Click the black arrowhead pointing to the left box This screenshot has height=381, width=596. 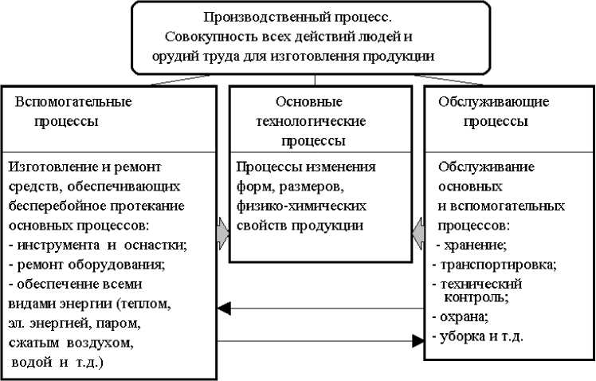(x=225, y=308)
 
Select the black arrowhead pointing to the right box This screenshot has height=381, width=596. (x=417, y=341)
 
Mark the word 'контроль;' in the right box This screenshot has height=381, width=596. (x=476, y=297)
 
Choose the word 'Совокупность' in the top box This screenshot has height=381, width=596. (x=209, y=37)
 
